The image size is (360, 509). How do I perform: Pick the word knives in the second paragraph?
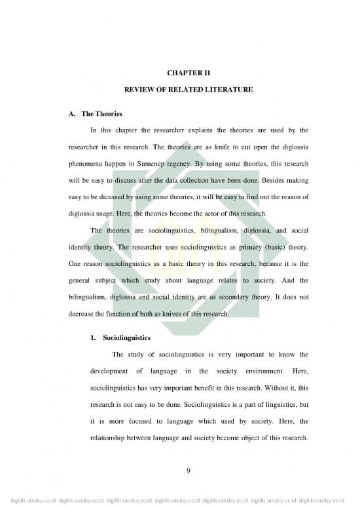pyautogui.click(x=187, y=313)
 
